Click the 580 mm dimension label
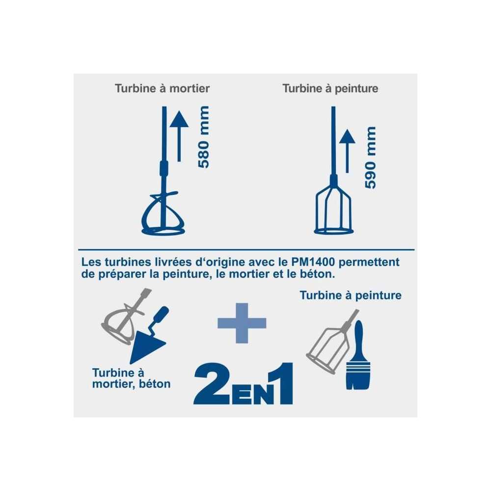(x=204, y=137)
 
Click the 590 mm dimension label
(x=370, y=158)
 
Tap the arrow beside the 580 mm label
(x=179, y=136)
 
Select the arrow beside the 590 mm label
(x=347, y=151)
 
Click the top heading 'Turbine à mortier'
(x=162, y=88)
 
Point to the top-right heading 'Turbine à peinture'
(x=330, y=88)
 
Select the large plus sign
(x=242, y=323)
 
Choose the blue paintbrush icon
(x=358, y=355)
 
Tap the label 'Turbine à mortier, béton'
(x=132, y=378)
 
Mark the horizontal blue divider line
(x=246, y=249)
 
